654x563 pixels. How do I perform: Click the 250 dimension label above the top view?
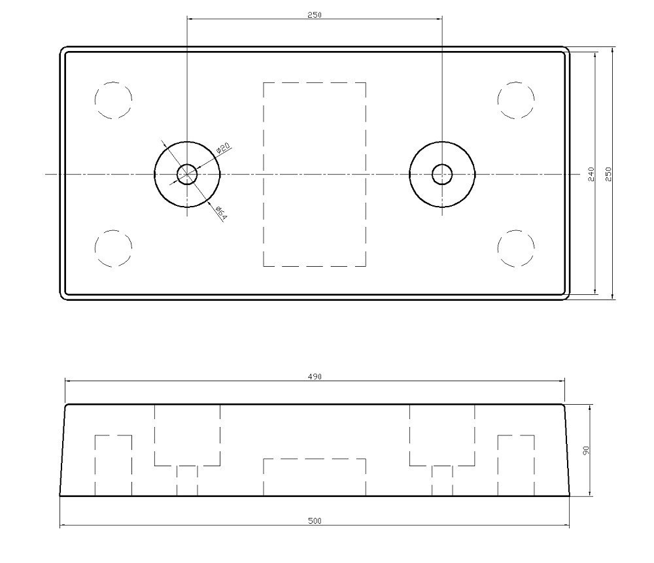coord(315,15)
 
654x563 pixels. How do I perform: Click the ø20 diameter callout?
coord(224,148)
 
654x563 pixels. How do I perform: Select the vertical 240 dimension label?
coord(591,174)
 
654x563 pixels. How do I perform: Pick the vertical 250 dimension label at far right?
coord(608,174)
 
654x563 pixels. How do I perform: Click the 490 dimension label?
coord(315,377)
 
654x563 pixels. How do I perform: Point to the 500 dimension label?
coord(315,520)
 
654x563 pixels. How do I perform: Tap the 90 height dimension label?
coord(587,451)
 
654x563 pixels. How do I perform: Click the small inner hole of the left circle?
coord(187,164)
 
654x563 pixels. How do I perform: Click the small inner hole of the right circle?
coord(442,164)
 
